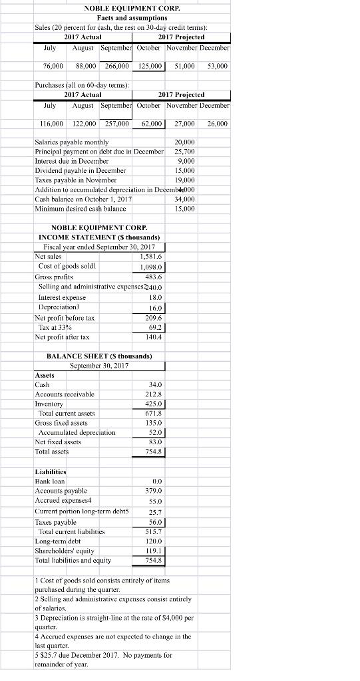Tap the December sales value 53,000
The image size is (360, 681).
click(217, 67)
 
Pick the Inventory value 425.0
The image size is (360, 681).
click(154, 404)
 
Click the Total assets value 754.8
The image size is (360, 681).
click(154, 452)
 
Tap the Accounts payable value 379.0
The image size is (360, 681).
click(154, 491)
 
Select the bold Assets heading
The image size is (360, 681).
click(45, 375)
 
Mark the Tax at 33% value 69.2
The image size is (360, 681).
click(156, 328)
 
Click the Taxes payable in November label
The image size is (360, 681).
click(75, 180)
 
